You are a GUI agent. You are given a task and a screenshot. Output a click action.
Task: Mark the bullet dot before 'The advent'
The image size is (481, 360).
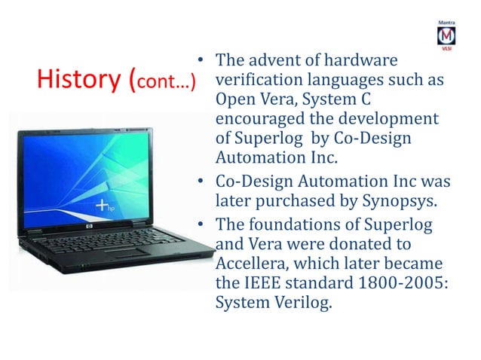click(x=201, y=60)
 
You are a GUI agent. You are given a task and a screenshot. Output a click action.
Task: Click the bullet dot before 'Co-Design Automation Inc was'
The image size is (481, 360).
click(x=201, y=182)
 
